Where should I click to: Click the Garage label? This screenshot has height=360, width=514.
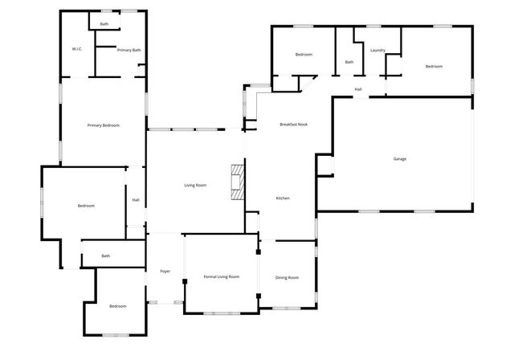pyautogui.click(x=399, y=158)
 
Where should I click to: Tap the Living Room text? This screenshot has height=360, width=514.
pyautogui.click(x=195, y=186)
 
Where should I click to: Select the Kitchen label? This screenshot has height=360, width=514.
pyautogui.click(x=283, y=198)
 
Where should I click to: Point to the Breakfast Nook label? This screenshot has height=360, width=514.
pyautogui.click(x=293, y=125)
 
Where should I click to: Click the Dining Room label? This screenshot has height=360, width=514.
pyautogui.click(x=288, y=277)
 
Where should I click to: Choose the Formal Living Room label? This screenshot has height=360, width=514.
pyautogui.click(x=221, y=276)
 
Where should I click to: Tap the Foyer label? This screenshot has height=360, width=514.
pyautogui.click(x=165, y=271)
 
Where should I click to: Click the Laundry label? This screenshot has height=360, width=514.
pyautogui.click(x=377, y=51)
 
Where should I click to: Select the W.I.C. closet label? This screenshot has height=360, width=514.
pyautogui.click(x=77, y=49)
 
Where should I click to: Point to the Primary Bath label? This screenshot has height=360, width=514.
pyautogui.click(x=128, y=50)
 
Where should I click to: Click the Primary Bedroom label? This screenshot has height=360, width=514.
pyautogui.click(x=104, y=125)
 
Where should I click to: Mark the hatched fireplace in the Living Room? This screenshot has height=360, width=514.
pyautogui.click(x=236, y=182)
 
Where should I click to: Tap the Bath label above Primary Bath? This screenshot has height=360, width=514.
pyautogui.click(x=104, y=24)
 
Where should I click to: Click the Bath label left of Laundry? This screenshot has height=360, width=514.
pyautogui.click(x=349, y=62)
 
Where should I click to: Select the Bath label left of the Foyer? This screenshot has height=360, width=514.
pyautogui.click(x=106, y=256)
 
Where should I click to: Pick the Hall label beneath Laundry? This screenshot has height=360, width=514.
pyautogui.click(x=358, y=88)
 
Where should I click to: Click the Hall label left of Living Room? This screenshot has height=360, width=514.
pyautogui.click(x=136, y=200)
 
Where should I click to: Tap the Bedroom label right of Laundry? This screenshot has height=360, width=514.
pyautogui.click(x=434, y=67)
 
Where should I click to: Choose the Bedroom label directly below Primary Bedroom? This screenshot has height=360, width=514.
pyautogui.click(x=86, y=206)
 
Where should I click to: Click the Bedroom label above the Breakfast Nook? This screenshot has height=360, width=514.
pyautogui.click(x=304, y=54)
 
